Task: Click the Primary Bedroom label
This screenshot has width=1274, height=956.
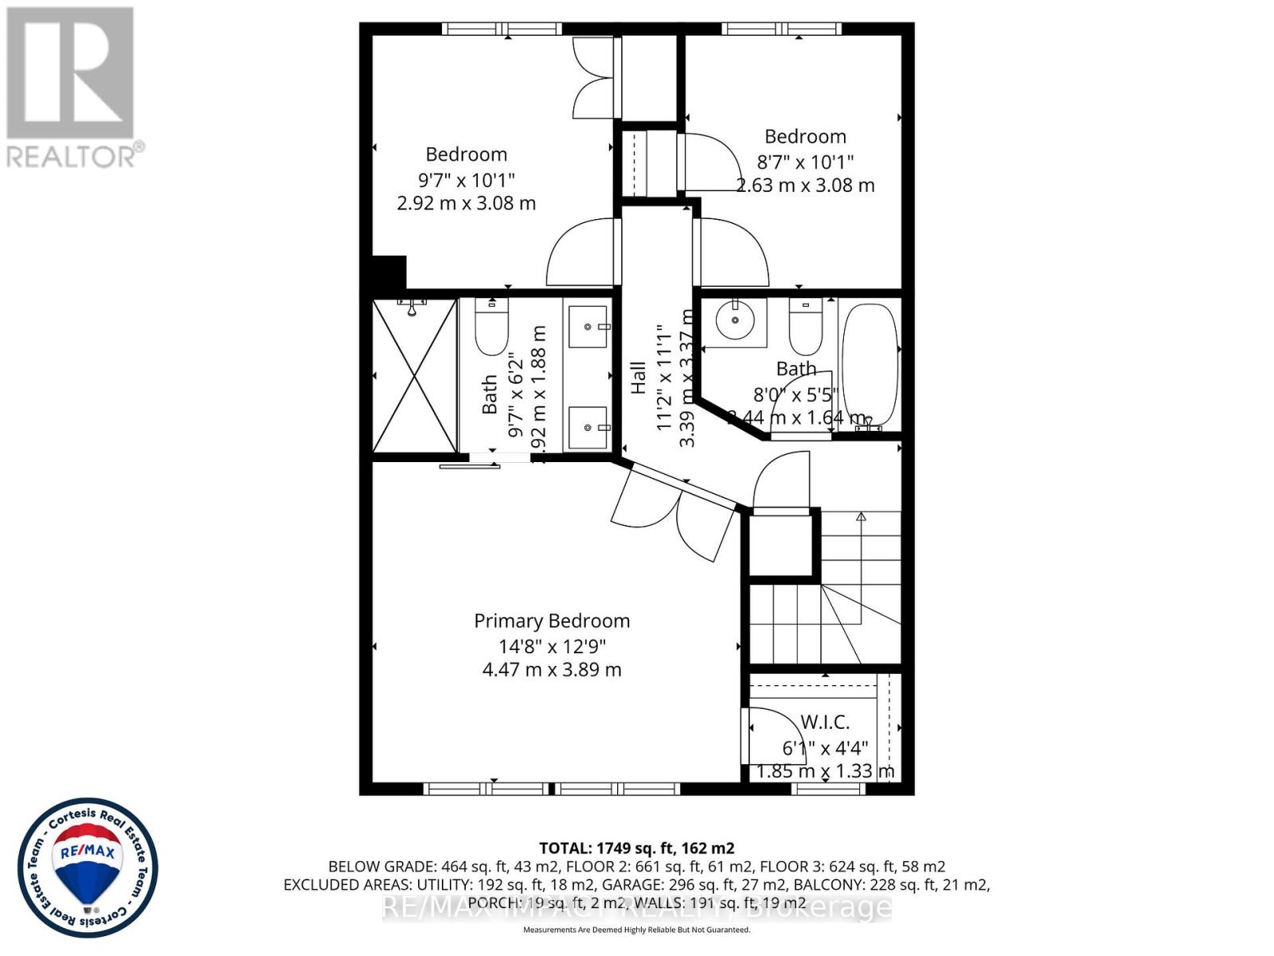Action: (x=552, y=621)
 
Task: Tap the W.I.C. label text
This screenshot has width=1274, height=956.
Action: (x=825, y=722)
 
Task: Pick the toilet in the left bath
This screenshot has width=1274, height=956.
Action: (x=491, y=327)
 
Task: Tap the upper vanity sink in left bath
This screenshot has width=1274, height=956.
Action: (x=589, y=327)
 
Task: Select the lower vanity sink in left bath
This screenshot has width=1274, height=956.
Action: (x=589, y=428)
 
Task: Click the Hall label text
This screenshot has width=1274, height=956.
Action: (x=638, y=378)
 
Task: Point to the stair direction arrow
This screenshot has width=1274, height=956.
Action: (x=861, y=517)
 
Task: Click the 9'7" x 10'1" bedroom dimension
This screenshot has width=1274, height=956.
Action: (x=467, y=179)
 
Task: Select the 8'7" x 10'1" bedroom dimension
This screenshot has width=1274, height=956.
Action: (x=805, y=162)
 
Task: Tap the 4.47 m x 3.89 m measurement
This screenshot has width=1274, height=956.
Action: (x=552, y=669)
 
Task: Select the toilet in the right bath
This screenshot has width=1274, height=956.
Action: (x=806, y=327)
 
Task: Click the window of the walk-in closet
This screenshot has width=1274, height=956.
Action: (x=829, y=789)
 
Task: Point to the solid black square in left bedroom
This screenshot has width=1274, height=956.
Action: (x=389, y=272)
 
